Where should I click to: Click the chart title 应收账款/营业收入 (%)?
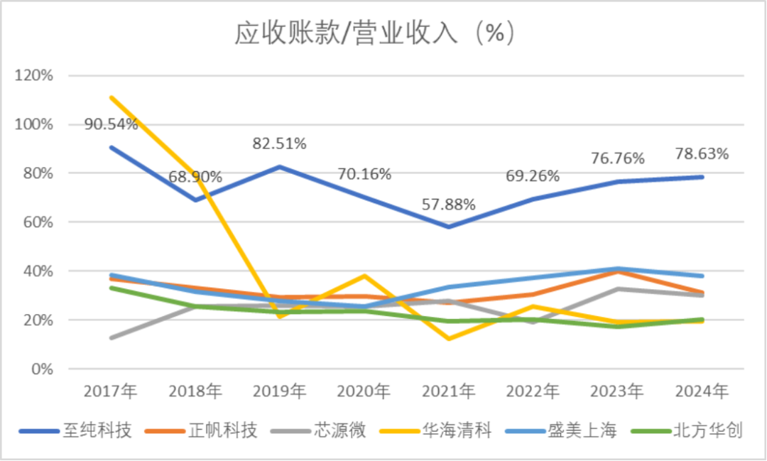[x=374, y=33]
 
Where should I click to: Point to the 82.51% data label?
[x=280, y=144]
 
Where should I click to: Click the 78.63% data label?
[x=702, y=153]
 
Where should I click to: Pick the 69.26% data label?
[x=533, y=175]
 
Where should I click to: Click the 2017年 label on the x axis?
[x=111, y=391]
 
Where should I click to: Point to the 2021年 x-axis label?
[x=448, y=391]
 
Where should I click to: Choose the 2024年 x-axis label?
[x=702, y=391]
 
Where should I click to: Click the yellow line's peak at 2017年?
[x=111, y=97]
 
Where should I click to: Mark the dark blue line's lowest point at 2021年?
[x=448, y=227]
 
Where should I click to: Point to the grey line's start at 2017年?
[x=111, y=337]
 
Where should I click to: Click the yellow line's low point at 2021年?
[x=448, y=339]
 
